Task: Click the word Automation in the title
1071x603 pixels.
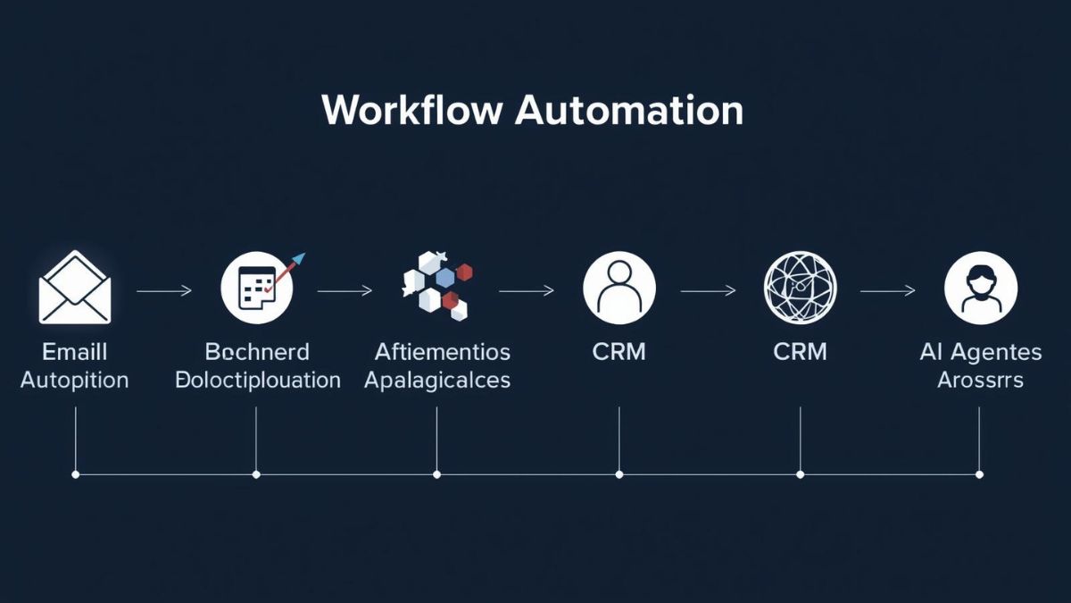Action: (629, 110)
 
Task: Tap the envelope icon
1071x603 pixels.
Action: (75, 288)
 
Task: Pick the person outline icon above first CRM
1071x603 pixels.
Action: (619, 288)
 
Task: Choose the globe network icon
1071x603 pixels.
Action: (801, 288)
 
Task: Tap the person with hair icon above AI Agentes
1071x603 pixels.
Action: (981, 288)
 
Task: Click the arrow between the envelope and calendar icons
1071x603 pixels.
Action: (164, 290)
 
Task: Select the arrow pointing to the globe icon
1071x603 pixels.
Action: (708, 290)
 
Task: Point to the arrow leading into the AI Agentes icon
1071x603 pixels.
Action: (888, 290)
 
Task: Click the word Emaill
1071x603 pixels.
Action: (75, 351)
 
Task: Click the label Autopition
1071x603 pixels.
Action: (75, 380)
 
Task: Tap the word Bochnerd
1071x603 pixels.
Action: (257, 351)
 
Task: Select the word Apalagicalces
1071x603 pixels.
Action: (437, 380)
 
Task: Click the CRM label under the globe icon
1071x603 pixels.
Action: (801, 351)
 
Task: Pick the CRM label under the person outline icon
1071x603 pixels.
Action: (619, 351)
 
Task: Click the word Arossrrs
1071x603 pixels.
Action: (980, 380)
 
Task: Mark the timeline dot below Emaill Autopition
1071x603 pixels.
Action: (75, 474)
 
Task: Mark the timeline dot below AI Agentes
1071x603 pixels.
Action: (980, 474)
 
